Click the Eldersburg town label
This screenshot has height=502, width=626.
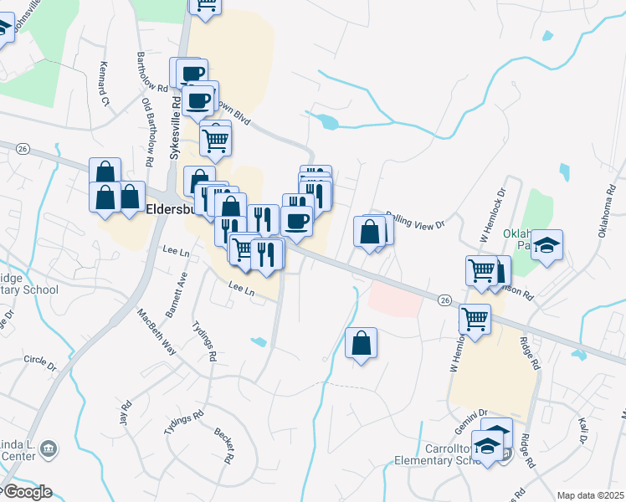tap(172, 210)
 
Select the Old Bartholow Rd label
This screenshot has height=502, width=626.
tap(148, 131)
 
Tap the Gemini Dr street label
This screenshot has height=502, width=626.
tap(472, 414)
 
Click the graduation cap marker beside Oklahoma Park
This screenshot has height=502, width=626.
tap(547, 244)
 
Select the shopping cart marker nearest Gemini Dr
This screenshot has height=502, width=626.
tap(475, 318)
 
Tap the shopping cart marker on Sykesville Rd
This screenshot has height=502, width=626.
tap(215, 140)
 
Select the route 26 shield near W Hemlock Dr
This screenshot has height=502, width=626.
tap(444, 299)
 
